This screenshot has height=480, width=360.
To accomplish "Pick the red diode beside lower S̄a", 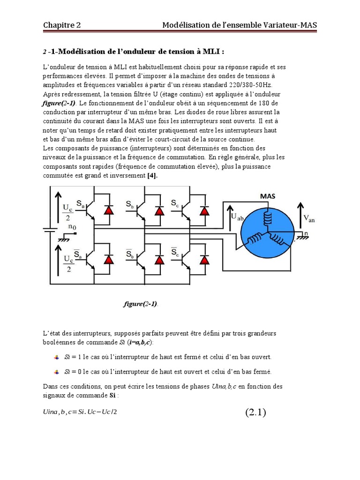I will [x=109, y=259].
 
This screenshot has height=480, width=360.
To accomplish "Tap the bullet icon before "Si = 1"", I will [x=57, y=357].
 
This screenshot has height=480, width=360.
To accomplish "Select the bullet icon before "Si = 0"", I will [x=57, y=372].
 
